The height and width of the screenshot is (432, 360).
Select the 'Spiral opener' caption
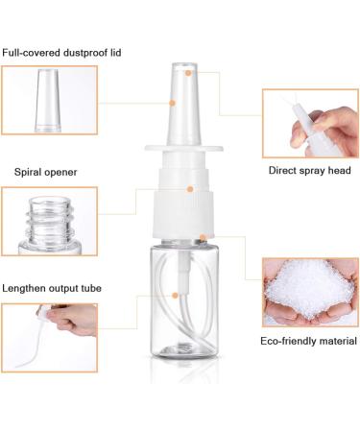tap(46, 172)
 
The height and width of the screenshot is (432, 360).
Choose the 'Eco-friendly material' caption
tap(309, 341)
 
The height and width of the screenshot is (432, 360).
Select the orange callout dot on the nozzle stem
tap(174, 101)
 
